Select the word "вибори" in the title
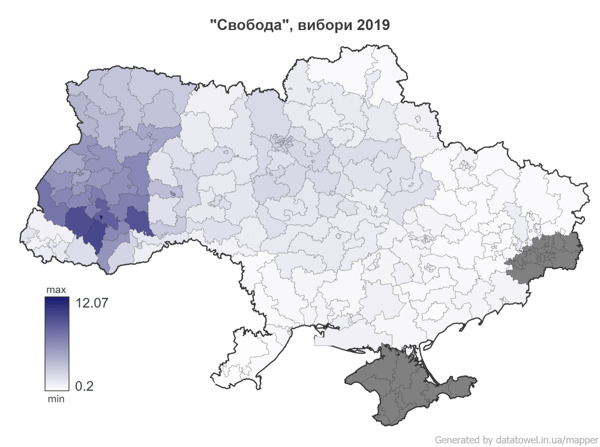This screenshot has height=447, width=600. coord(324,25)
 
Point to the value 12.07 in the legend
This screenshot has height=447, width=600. coord(92,303)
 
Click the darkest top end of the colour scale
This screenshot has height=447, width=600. coord(56,300)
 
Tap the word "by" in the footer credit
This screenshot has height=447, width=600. coord(488,439)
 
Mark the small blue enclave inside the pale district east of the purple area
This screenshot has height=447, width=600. coord(173,194)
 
